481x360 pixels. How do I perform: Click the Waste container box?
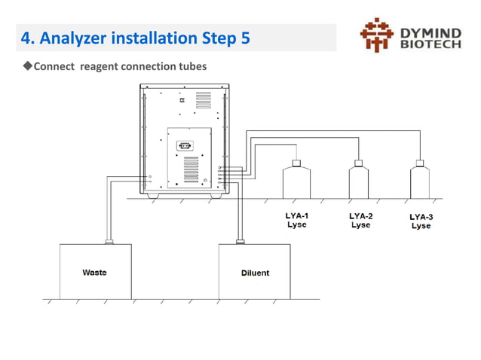coord(95,271)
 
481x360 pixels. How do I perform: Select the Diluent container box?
coord(254,271)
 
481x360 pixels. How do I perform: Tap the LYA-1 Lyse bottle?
coord(296,182)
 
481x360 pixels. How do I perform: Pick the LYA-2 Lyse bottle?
coord(359,182)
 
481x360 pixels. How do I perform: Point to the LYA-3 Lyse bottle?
coord(420,182)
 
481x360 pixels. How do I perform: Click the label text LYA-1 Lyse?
coord(296,220)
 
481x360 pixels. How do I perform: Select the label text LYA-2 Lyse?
coord(360,220)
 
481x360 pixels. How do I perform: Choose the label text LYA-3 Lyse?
coord(421,221)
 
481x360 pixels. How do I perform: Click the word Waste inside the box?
coord(94,272)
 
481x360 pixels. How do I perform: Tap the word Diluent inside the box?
coord(255,273)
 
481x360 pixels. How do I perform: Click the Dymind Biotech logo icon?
coord(377,35)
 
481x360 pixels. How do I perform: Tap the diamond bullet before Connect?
coord(28,66)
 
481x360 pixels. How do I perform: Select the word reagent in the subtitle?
coord(103,66)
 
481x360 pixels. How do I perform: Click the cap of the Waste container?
coord(110,242)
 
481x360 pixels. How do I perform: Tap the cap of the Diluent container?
coord(240,242)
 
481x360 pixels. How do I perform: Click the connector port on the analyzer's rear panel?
coord(183,146)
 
